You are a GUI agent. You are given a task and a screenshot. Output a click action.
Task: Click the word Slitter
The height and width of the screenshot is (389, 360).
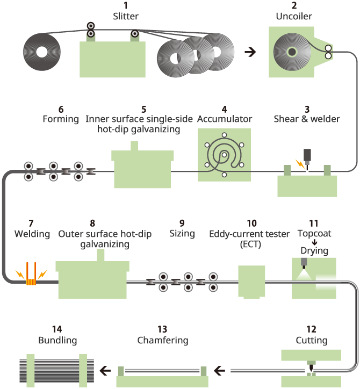tap(126, 16)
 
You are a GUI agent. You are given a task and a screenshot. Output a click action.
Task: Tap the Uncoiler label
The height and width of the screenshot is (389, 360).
tap(294, 16)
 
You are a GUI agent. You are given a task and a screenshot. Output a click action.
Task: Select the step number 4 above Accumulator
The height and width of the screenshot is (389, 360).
tap(224, 110)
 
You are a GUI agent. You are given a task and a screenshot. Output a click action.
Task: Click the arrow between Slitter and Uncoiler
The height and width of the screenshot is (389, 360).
tap(250, 52)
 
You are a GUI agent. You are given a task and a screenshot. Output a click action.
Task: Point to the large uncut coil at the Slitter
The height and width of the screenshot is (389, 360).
tap(42, 52)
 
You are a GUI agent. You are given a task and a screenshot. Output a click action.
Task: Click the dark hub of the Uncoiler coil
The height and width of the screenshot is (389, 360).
tap(292, 52)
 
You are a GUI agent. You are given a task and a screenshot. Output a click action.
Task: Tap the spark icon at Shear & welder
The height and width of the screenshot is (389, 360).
tap(300, 164)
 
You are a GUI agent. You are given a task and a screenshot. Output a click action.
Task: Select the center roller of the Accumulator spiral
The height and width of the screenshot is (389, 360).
tap(224, 155)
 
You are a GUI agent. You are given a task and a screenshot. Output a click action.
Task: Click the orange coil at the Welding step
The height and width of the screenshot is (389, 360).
tap(31, 282)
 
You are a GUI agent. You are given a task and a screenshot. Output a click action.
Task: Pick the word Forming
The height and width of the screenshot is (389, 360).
tap(61, 119)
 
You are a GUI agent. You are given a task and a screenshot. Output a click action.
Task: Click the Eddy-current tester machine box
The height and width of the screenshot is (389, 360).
tap(251, 282)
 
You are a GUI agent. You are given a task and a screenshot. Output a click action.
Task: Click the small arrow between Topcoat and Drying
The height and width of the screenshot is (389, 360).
tap(314, 242)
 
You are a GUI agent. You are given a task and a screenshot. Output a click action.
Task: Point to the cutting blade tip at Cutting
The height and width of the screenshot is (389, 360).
tap(311, 370)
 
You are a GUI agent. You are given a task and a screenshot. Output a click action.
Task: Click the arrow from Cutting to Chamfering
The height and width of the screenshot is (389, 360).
tap(219, 371)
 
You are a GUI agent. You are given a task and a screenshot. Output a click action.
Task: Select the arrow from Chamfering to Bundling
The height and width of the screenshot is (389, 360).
tap(105, 371)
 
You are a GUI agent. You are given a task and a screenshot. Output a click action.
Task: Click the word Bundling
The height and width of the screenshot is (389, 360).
tap(57, 340)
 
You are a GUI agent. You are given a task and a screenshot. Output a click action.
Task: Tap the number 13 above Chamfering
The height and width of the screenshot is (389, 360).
tap(162, 329)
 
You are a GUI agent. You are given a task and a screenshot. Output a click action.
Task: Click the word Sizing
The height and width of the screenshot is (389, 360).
tap(182, 234)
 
